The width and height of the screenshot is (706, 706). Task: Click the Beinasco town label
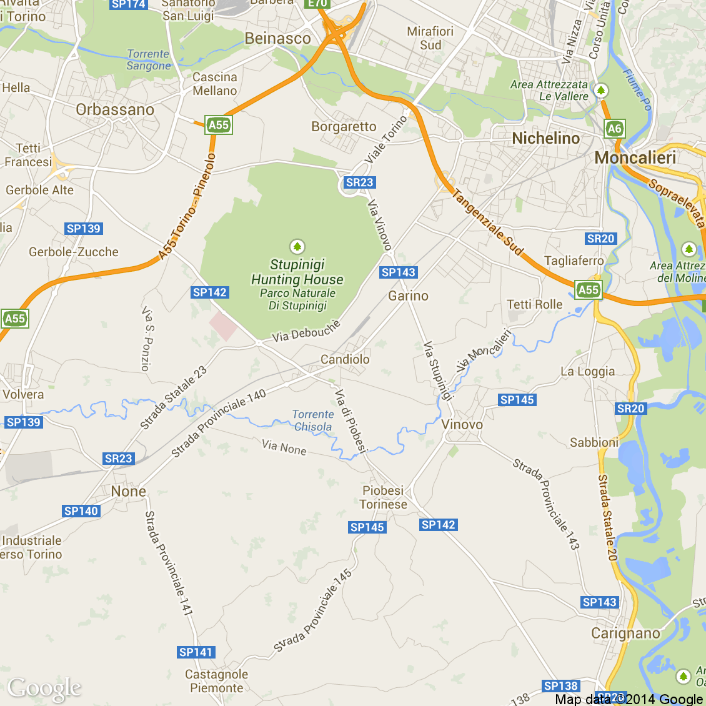(x=277, y=39)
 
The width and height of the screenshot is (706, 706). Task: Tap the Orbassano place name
(x=115, y=110)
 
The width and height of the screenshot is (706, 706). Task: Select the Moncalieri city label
(x=635, y=157)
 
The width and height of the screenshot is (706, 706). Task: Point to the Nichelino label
(x=545, y=138)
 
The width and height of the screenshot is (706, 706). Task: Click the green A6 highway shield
(x=615, y=129)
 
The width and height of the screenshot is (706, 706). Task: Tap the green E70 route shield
(x=317, y=4)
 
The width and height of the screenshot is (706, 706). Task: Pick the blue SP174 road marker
(x=128, y=4)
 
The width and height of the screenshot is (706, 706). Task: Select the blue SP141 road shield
(x=196, y=652)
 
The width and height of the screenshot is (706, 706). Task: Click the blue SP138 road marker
(x=560, y=686)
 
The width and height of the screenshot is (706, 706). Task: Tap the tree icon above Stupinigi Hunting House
(x=297, y=246)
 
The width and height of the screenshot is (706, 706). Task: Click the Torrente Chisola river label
(x=313, y=420)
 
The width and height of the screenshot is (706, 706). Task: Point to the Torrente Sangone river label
(x=148, y=60)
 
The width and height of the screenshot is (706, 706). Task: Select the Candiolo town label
(x=345, y=359)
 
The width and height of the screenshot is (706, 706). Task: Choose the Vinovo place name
(x=462, y=425)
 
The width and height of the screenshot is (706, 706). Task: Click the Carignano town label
(x=625, y=634)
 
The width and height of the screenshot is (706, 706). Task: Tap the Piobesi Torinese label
(x=383, y=497)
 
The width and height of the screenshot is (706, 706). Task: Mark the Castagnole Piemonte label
(x=216, y=681)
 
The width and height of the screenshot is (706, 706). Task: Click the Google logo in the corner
(x=44, y=689)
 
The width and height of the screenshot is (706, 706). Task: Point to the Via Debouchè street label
(x=306, y=331)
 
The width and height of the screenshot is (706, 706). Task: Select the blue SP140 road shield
(x=81, y=511)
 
